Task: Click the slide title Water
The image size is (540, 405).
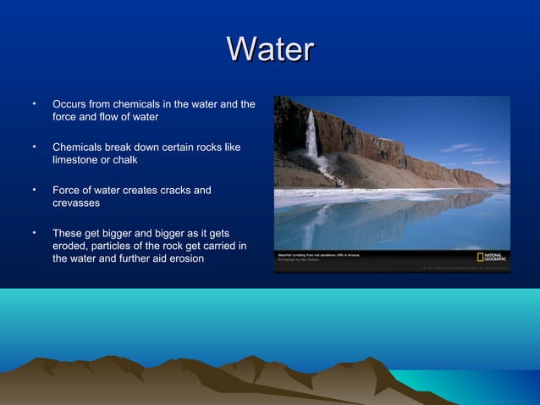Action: (x=271, y=49)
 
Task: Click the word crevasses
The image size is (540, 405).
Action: (x=76, y=203)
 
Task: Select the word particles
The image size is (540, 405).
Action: (x=116, y=246)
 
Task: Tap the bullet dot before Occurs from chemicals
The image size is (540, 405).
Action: (x=34, y=104)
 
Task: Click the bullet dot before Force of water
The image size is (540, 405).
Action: (x=34, y=190)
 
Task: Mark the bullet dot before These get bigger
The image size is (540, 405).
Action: (x=34, y=232)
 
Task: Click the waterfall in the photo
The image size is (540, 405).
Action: (x=311, y=136)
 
